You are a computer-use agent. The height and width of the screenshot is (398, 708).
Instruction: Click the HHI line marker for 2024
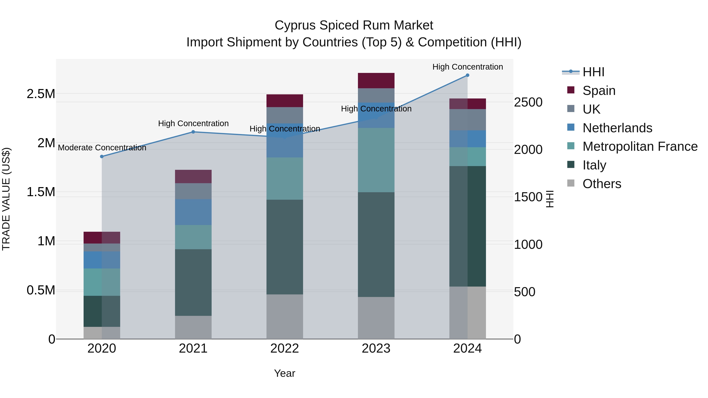tap(467, 75)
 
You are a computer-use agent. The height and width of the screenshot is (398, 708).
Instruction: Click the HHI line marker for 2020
tap(102, 157)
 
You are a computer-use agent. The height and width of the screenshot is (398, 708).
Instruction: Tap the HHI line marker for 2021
tap(193, 132)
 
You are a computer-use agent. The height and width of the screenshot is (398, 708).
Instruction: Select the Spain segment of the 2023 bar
tap(376, 80)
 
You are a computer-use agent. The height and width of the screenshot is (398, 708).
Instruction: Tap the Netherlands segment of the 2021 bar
tap(193, 212)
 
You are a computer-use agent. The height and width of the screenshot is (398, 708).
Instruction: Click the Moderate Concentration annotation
tap(102, 148)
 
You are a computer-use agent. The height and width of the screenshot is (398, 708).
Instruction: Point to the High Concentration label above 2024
tap(467, 67)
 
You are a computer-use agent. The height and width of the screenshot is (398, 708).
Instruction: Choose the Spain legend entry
tap(599, 91)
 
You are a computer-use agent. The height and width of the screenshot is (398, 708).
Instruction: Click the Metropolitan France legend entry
tap(640, 146)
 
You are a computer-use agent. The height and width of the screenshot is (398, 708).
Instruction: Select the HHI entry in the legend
tap(593, 72)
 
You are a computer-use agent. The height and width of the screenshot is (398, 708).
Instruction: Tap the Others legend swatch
tap(571, 183)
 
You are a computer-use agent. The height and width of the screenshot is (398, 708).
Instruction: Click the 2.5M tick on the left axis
tap(41, 94)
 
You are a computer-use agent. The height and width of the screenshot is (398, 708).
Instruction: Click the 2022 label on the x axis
tap(285, 348)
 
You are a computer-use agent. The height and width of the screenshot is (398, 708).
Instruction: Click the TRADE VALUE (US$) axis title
tap(6, 199)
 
